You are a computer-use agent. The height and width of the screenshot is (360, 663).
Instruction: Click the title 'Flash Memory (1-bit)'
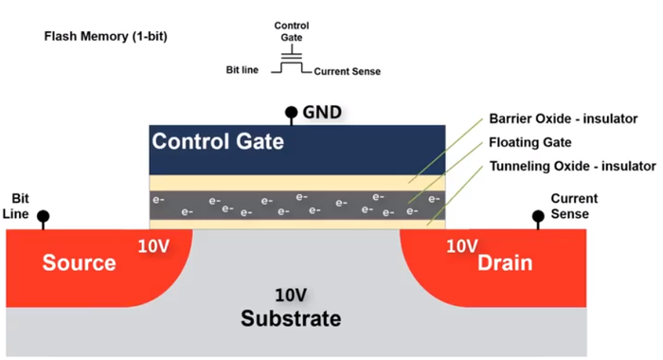coord(106,37)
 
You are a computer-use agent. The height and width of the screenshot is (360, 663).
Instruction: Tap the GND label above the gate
coord(322,112)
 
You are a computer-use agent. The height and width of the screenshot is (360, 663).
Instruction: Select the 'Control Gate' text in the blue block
coord(218,142)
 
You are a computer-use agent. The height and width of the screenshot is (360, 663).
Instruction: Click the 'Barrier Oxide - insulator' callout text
coord(564,119)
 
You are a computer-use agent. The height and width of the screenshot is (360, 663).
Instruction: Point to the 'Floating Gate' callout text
coord(529,142)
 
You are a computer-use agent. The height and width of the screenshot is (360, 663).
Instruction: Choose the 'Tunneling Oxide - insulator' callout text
coord(572,166)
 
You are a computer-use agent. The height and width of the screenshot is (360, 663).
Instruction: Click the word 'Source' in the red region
coord(80,261)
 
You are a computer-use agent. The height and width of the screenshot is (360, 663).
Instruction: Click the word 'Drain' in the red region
coord(504,261)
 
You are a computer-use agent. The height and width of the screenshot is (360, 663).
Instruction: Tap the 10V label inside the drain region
coord(461,246)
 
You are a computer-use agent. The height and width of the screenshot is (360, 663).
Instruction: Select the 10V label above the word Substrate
coord(293,295)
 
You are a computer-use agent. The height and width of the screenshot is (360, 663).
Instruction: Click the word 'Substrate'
coord(291,317)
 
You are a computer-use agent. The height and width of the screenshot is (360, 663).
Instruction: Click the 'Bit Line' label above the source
coord(20,207)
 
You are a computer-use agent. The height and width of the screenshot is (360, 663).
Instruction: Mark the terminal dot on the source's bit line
coord(43,217)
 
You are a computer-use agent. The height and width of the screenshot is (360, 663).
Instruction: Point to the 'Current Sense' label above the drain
coord(574,207)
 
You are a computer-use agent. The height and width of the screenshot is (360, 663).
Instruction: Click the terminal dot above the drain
coord(538,217)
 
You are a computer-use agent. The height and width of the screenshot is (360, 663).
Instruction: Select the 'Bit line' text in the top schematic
coord(242,70)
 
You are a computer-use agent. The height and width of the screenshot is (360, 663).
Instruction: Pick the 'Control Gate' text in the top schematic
coord(291,31)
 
